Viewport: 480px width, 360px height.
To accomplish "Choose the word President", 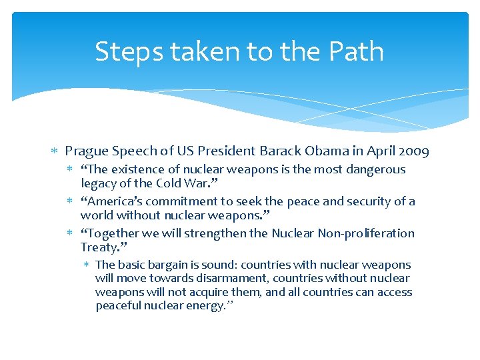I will click(x=227, y=151).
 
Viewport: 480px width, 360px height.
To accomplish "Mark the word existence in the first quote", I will click(x=134, y=169).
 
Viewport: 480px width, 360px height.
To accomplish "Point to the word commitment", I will click(x=171, y=201).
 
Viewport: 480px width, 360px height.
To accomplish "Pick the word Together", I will click(x=109, y=233).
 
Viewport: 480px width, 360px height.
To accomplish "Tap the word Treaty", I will click(x=99, y=247).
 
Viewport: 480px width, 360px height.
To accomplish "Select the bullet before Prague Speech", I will click(x=55, y=152).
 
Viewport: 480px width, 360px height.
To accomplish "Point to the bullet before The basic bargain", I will click(x=86, y=265).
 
